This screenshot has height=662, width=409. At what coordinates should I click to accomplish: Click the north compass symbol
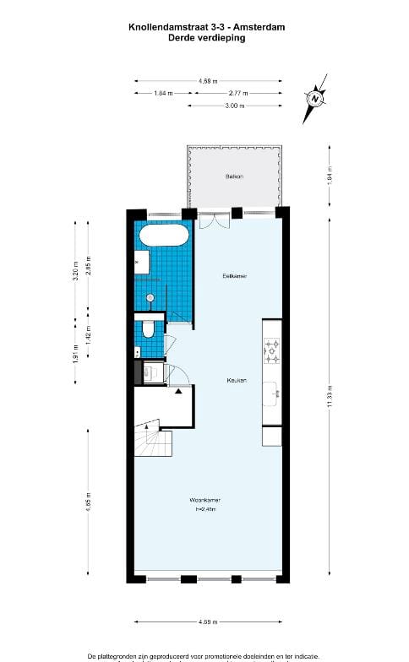pyautogui.click(x=315, y=99)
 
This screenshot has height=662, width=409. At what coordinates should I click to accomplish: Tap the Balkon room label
pyautogui.click(x=234, y=176)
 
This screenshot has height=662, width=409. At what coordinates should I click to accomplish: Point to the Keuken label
pyautogui.click(x=236, y=380)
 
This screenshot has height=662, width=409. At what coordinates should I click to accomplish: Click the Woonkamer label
pyautogui.click(x=206, y=502)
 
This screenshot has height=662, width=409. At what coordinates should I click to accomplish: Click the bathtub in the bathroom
pyautogui.click(x=162, y=235)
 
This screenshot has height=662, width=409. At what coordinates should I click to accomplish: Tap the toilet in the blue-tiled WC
pyautogui.click(x=148, y=328)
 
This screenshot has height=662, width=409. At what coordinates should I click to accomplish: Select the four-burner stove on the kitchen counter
pyautogui.click(x=272, y=350)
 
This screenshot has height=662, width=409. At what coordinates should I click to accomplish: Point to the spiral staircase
pyautogui.click(x=152, y=437)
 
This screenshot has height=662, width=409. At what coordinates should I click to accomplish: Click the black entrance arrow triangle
pyautogui.click(x=178, y=392)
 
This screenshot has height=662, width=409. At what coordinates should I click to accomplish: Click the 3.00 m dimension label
pyautogui.click(x=235, y=106)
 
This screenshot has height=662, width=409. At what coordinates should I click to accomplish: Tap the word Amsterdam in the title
pyautogui.click(x=259, y=28)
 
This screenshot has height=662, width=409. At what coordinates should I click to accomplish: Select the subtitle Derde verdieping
pyautogui.click(x=207, y=38)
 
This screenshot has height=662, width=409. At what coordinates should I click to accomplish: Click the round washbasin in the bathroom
pyautogui.click(x=150, y=297)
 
